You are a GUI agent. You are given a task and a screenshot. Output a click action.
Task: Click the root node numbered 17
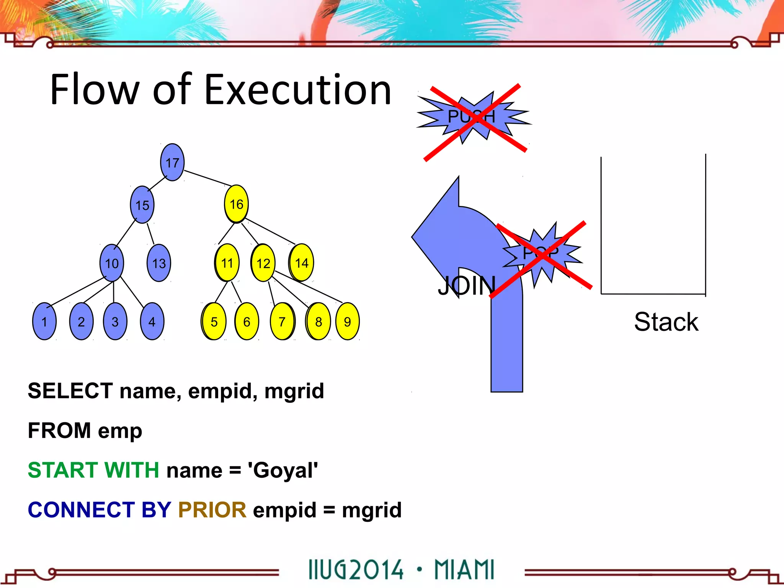(172, 162)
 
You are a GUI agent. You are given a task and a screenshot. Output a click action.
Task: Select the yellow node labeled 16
(236, 204)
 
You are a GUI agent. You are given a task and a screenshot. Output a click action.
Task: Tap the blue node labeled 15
(142, 205)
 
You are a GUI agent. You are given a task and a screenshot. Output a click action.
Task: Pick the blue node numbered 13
(159, 263)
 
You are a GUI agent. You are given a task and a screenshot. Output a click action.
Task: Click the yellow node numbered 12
(263, 263)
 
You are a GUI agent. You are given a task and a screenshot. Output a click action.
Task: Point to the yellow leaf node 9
(347, 322)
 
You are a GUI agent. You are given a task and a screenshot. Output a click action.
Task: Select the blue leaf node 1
(44, 322)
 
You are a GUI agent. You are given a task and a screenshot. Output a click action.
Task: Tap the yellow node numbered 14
(302, 263)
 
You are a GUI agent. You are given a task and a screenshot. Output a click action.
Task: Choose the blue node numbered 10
(112, 263)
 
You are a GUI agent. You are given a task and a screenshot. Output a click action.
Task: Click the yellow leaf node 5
(214, 322)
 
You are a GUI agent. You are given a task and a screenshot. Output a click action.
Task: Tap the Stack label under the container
(666, 322)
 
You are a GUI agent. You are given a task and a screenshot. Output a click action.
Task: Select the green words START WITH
(93, 470)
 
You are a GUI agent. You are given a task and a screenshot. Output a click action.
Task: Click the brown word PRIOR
(212, 510)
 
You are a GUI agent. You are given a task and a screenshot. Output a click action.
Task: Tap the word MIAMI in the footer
(464, 570)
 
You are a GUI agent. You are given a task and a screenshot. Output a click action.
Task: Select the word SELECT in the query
(70, 391)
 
